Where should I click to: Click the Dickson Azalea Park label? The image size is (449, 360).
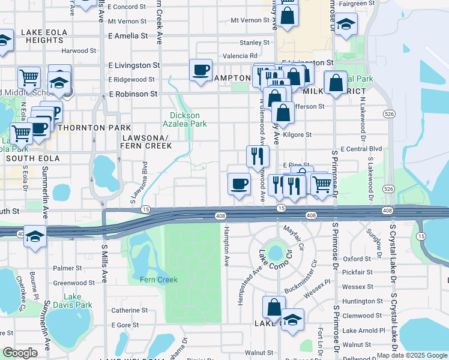point(188,119)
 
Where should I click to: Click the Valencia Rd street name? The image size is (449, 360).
point(240,56)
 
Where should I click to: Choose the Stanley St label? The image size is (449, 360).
point(255,43)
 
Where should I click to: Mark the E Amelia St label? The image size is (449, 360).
point(128,36)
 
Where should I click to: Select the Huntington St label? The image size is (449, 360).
point(362,301)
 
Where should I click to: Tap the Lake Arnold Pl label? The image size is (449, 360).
point(363,331)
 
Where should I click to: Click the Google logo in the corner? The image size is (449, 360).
point(20,353)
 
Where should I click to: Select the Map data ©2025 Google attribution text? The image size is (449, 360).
point(412,355)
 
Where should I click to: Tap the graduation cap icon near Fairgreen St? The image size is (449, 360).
point(346,25)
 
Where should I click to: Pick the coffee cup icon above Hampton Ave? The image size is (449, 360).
point(240,183)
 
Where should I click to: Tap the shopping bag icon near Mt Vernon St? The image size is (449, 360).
point(288,16)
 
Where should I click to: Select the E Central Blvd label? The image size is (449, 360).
point(361,149)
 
